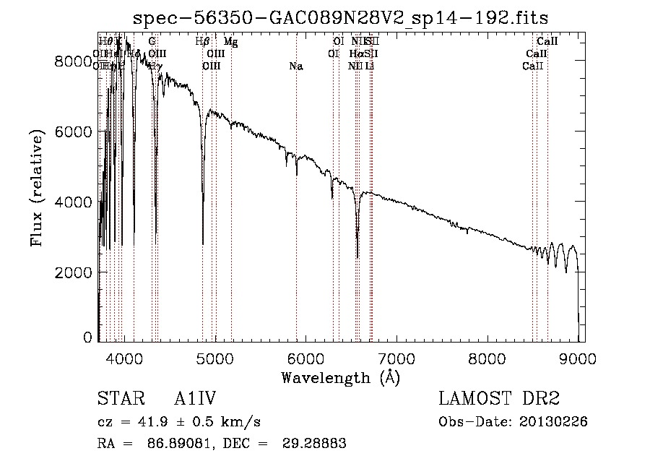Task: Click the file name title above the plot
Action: (342, 18)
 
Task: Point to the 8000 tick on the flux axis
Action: (74, 61)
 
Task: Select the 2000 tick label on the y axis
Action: (74, 272)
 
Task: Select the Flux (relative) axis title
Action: (37, 187)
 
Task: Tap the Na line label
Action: (296, 66)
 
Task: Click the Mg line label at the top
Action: (230, 42)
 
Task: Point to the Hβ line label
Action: (203, 42)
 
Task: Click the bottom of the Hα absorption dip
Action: (357, 257)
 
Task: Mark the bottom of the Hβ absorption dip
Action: (203, 244)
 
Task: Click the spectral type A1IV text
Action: (195, 400)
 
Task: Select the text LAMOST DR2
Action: (498, 400)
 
